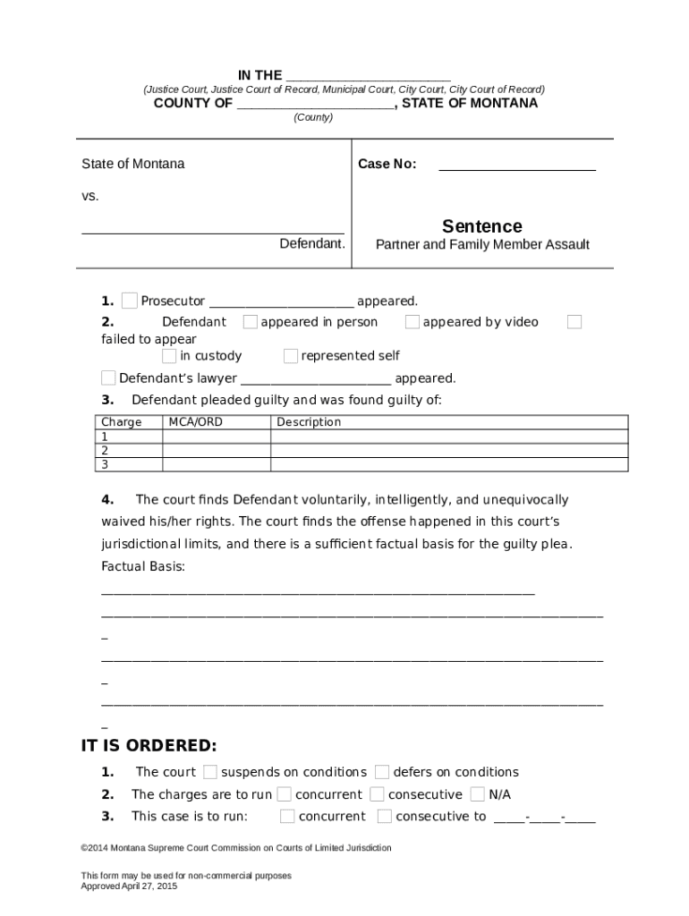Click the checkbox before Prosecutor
pos(130,301)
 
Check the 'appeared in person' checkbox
pos(251,322)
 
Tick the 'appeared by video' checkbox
pos(413,322)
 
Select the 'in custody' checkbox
pos(170,356)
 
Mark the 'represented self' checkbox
pos(291,356)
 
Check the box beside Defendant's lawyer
pos(108,377)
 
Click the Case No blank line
pos(516,165)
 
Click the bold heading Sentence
pos(481,226)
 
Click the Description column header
pos(309,422)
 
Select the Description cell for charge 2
pos(448,451)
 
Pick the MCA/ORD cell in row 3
pos(216,464)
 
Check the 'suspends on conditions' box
pos(210,772)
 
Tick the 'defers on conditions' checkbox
pos(382,772)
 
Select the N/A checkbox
pos(478,794)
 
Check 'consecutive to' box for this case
pos(385,816)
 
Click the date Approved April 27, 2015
pos(129,886)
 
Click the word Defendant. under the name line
pos(312,243)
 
